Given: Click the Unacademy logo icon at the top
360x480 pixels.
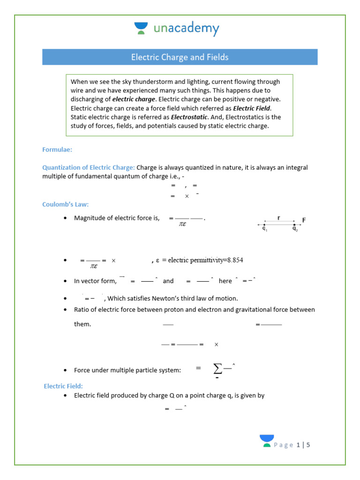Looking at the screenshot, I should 141,29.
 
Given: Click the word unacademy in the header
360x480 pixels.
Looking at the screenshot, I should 186,29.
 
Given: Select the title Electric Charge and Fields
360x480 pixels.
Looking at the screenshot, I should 180,57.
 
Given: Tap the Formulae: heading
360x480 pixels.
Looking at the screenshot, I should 57,150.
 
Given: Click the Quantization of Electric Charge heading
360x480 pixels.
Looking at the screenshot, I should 89,167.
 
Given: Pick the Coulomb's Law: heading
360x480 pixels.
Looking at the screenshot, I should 66,204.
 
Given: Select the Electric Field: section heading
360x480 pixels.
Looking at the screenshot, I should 63,386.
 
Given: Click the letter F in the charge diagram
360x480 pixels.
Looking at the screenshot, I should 304,219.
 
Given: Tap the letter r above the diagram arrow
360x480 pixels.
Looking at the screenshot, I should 279,218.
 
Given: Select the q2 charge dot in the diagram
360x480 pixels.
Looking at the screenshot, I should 294,225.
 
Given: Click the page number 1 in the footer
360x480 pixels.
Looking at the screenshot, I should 299,445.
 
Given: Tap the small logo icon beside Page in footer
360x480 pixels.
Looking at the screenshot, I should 267,441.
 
